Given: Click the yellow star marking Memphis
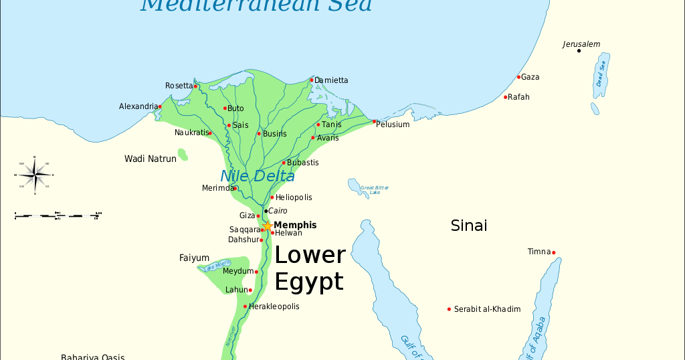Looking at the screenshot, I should pos(267,226).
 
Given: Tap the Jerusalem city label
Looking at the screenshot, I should pos(581,44).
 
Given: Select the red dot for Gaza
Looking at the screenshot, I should pos(518,77).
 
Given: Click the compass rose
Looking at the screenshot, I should pos(34,175).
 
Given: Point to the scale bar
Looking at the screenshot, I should pos(58,215).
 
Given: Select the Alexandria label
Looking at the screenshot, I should pos(137,106).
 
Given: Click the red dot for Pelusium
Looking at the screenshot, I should pos(374,122).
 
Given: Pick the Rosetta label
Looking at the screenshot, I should pos(178,86).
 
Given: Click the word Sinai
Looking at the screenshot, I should pos(468,226).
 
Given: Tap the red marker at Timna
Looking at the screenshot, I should pos(553,253).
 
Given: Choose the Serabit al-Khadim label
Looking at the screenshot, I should pos(487,309).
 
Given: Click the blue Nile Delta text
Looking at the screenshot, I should pos(258,177).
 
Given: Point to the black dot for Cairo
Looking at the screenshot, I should pos(266,211).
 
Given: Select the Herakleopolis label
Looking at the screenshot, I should pos(274,306).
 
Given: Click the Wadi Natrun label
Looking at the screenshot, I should pos(151,159).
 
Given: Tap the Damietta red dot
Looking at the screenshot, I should pos(312,80).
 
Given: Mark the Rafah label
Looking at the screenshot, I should pos(518,97).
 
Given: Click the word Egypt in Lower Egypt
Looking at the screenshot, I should pos(309,282).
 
